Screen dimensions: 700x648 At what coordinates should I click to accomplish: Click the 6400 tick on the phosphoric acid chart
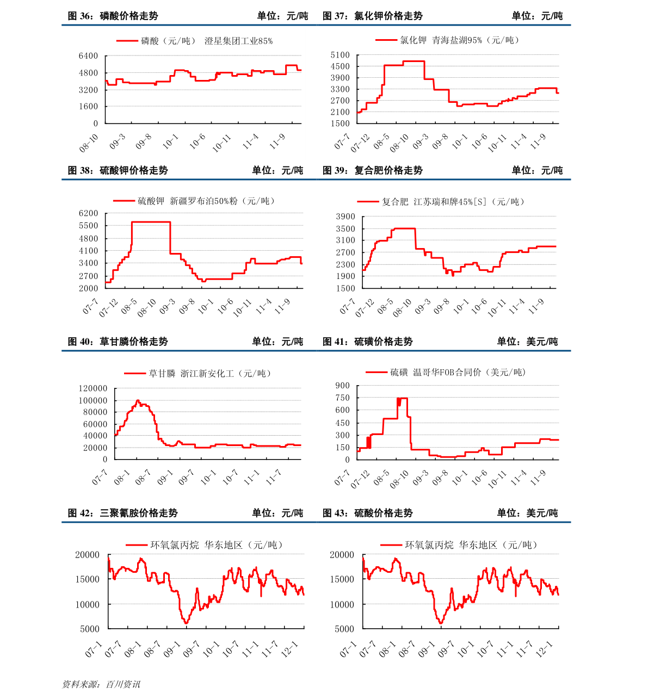(88, 56)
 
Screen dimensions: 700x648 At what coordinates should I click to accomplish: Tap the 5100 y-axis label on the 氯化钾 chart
(340, 55)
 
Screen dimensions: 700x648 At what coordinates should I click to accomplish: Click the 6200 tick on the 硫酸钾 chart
(88, 213)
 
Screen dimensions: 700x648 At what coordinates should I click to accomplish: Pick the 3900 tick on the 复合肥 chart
(345, 216)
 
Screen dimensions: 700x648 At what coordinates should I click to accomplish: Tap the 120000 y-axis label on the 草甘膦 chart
(92, 388)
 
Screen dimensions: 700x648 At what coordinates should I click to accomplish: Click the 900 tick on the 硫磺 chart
(343, 386)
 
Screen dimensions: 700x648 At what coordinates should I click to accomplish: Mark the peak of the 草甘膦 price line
(138, 400)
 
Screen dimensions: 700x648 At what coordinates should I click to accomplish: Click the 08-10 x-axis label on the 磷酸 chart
(89, 144)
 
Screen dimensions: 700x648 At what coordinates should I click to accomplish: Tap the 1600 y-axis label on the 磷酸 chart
(88, 107)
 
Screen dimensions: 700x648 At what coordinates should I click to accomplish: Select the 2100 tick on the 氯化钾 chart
(340, 112)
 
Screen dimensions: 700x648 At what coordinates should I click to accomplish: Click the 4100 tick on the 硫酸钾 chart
(88, 251)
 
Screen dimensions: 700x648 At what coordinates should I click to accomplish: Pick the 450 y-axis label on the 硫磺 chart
(343, 423)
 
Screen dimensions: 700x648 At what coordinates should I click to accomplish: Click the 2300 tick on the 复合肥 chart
(345, 265)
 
